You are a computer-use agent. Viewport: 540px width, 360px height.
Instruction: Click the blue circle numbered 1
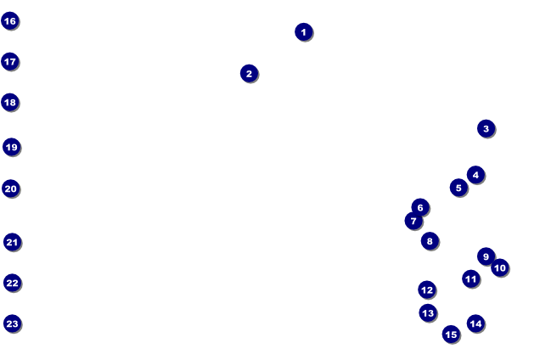pos(304,31)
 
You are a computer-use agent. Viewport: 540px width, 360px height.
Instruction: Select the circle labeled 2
pos(249,73)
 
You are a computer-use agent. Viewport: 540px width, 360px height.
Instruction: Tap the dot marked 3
pos(486,128)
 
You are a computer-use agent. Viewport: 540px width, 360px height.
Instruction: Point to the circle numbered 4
pos(475,175)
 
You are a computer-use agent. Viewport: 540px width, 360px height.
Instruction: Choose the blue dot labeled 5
pos(458,188)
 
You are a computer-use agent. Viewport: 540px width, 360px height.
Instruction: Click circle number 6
pos(420,207)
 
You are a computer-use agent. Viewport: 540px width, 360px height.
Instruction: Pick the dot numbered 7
pos(413,221)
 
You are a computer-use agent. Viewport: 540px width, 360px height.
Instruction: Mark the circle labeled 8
pos(430,241)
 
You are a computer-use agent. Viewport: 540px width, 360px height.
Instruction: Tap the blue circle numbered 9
pos(486,256)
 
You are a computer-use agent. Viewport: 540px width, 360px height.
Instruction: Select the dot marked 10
pos(500,267)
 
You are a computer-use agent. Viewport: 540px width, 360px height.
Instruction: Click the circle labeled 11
pos(471,278)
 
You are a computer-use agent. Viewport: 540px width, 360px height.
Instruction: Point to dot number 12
pos(427,290)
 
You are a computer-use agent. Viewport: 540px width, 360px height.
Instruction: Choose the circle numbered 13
pos(428,312)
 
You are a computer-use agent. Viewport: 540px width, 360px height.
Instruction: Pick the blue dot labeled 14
pos(475,323)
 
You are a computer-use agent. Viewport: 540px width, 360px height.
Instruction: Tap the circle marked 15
pos(451,334)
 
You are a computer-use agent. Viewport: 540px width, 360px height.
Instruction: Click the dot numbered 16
pos(10,20)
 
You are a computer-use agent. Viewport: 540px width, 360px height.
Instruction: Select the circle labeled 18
pos(10,102)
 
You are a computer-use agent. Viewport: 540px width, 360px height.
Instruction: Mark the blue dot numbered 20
pos(11,188)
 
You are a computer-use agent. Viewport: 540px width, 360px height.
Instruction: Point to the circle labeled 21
pos(12,242)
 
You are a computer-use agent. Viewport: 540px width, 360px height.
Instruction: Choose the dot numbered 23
pos(12,323)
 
